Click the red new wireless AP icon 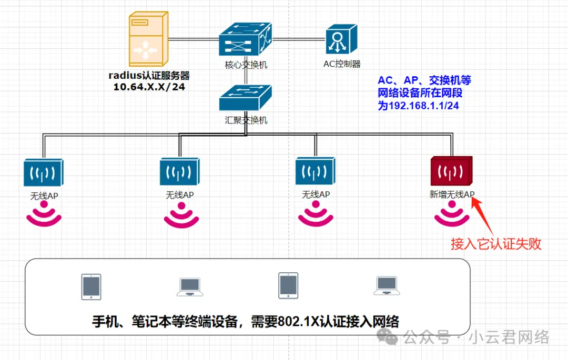click(x=451, y=171)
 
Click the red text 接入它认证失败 click(x=495, y=244)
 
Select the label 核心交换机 click(x=246, y=65)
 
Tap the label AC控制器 click(x=342, y=64)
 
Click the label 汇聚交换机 click(x=246, y=120)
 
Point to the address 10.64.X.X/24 click(x=149, y=87)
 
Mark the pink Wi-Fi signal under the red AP click(x=451, y=215)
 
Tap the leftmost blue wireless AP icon click(x=44, y=172)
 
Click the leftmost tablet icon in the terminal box click(x=91, y=286)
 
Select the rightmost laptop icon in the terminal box click(x=386, y=286)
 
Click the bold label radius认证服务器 click(x=149, y=75)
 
